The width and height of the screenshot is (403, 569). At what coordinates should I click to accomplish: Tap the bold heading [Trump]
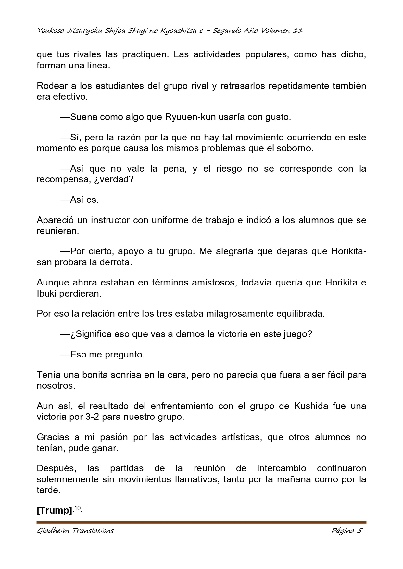pos(54,511)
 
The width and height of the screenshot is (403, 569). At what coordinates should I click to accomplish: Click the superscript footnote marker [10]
pos(78,508)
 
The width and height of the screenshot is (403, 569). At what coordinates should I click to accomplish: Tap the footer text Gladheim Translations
pos(75,531)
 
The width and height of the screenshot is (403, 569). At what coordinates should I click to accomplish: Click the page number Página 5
pos(346,531)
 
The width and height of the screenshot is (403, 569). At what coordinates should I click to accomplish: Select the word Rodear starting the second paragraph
pos(52,86)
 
